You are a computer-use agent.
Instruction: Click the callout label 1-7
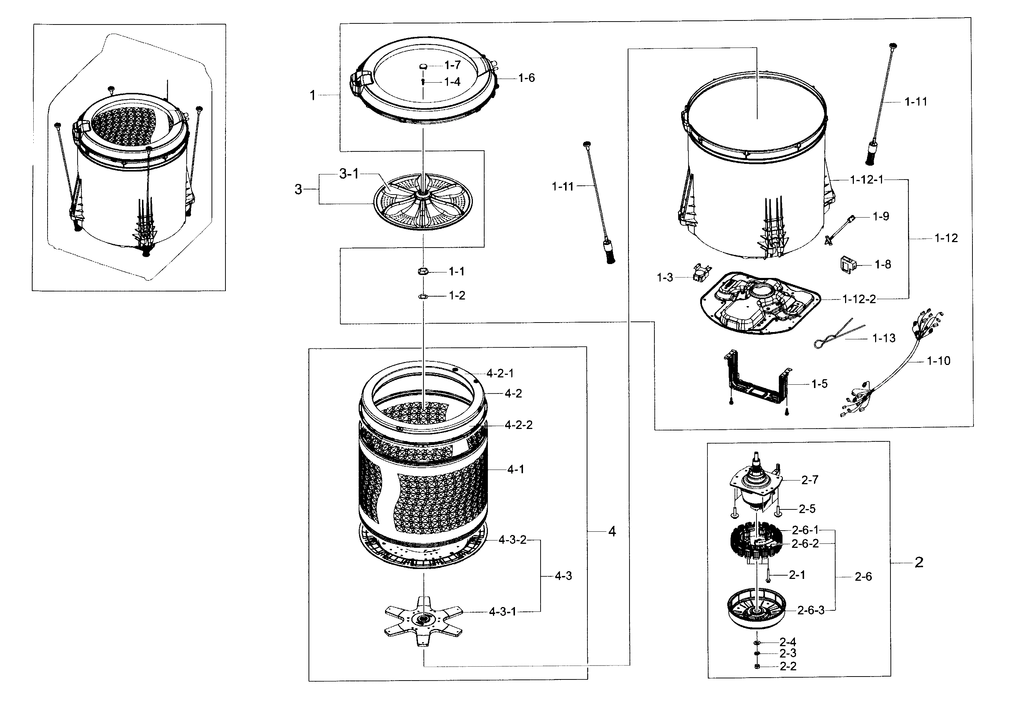pos(452,65)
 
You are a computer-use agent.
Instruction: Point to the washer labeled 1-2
pos(423,296)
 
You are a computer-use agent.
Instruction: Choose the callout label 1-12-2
pos(859,299)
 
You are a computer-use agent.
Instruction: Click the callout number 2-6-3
pos(811,611)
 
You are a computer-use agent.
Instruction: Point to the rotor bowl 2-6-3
pos(757,611)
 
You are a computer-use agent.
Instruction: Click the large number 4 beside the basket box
pos(612,531)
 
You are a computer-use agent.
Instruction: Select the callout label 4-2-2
pos(519,425)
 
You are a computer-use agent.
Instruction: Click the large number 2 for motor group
pos(919,562)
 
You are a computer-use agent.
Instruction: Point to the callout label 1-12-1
pos(867,180)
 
